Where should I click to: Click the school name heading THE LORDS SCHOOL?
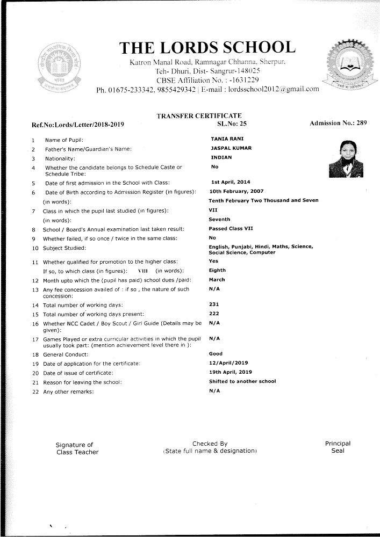(207, 48)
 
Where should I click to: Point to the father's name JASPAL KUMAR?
(231, 148)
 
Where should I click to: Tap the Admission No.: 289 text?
(338, 124)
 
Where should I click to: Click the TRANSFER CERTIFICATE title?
(199, 116)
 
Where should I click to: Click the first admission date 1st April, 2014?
(231, 182)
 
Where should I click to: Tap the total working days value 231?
(213, 304)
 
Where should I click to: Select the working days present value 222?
(213, 313)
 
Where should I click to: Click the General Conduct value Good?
(216, 354)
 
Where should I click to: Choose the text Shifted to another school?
(242, 381)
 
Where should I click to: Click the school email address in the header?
(274, 89)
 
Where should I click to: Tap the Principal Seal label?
(338, 447)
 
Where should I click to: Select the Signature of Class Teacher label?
(77, 448)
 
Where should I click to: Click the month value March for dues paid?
(217, 280)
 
